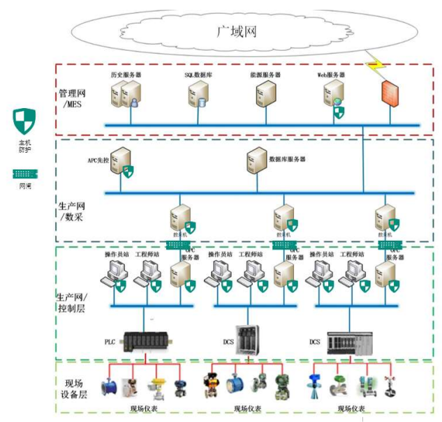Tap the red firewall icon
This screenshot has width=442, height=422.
pyautogui.click(x=389, y=92)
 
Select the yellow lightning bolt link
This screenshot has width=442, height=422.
pyautogui.click(x=375, y=66)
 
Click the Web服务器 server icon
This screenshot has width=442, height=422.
pyautogui.click(x=333, y=94)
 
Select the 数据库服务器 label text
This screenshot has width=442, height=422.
pyautogui.click(x=288, y=159)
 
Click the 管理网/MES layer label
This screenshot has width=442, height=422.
pyautogui.click(x=73, y=98)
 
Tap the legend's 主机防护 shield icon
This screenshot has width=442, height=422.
pyautogui.click(x=24, y=120)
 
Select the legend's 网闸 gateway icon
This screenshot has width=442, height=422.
pyautogui.click(x=24, y=172)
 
